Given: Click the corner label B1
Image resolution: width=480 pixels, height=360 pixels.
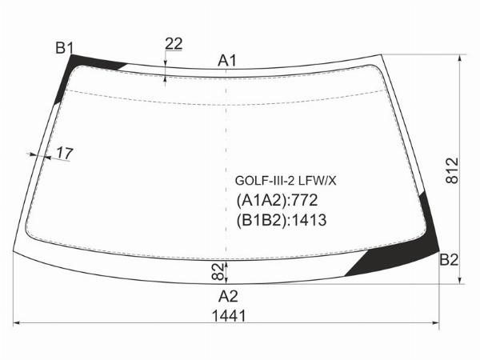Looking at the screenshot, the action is coord(65,48).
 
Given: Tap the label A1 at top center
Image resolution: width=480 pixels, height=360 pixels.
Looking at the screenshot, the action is coord(227,60).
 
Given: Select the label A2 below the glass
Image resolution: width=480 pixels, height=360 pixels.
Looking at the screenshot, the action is coord(228,296).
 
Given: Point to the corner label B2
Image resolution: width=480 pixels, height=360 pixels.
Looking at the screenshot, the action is coord(449,260).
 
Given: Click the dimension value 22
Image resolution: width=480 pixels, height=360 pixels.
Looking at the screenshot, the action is coord(174,44).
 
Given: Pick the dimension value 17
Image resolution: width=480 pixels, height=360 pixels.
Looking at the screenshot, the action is coord(65,153).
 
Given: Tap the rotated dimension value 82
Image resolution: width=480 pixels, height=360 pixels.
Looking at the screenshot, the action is coord(218,271).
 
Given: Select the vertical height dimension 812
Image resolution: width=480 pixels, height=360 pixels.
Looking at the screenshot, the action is coord(452,170).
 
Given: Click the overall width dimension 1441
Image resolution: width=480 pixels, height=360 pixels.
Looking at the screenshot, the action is coord(229,316).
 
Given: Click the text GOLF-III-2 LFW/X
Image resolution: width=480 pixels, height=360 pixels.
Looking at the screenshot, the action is coord(286,181).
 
